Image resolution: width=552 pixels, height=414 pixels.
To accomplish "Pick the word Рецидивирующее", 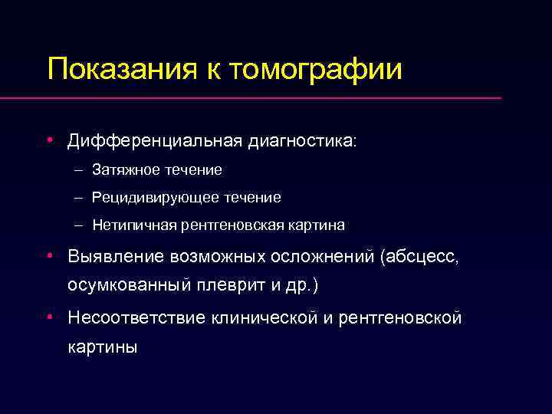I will pos(156,198).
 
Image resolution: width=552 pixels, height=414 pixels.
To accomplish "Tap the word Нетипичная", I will pos(134,225).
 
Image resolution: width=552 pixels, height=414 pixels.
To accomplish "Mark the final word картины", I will pos(103,347).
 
